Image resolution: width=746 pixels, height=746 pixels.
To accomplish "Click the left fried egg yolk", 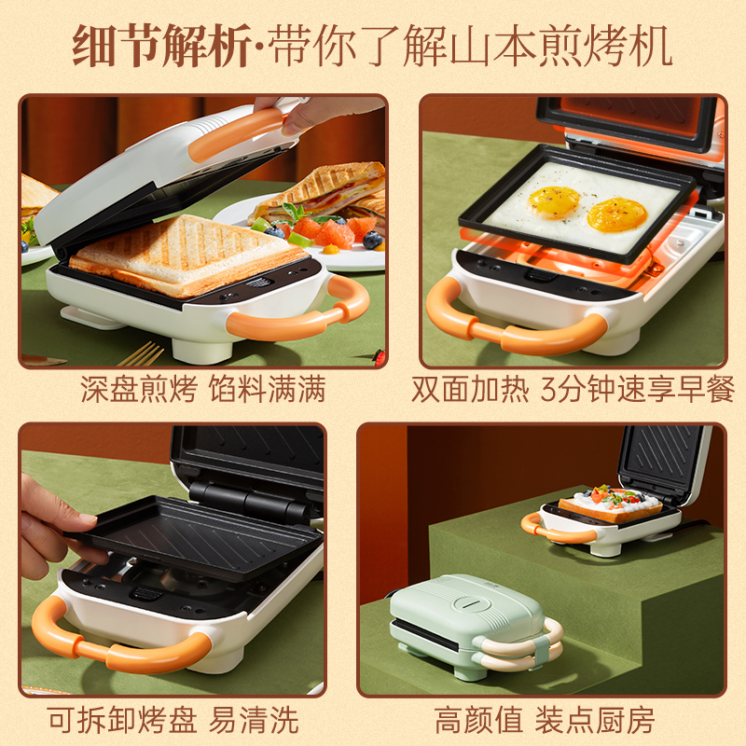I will [x=554, y=199].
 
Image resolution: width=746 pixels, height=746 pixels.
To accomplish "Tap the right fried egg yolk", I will [x=616, y=214].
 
